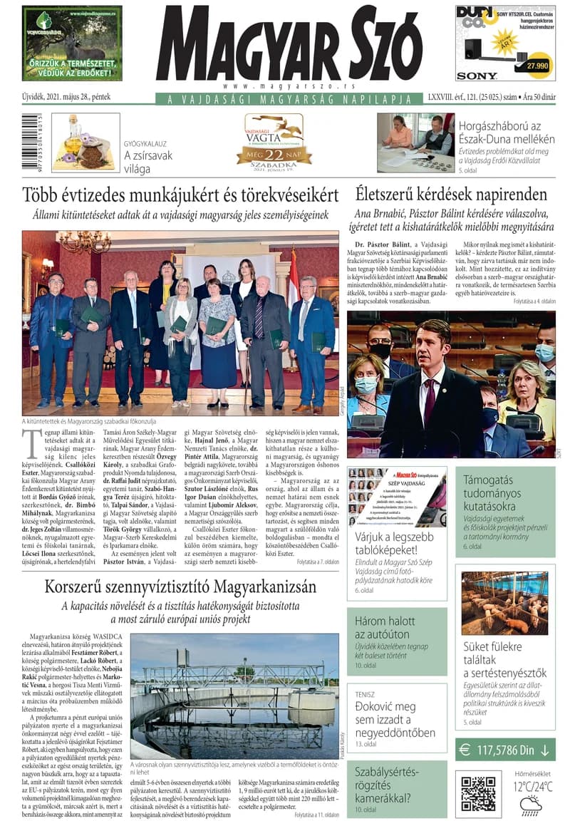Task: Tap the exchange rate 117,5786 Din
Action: tap(506, 750)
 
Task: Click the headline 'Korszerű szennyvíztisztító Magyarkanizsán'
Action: tap(180, 587)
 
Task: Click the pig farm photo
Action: tap(504, 603)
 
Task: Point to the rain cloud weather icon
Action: tap(531, 805)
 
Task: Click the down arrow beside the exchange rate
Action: tap(545, 750)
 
